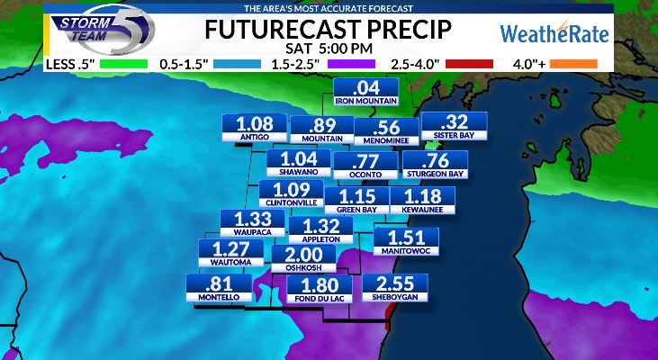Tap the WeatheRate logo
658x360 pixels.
(554, 35)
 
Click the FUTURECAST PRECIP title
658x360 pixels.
(328, 28)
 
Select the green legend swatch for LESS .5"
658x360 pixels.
(125, 64)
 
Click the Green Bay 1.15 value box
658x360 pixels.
(357, 201)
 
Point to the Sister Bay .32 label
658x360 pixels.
(454, 127)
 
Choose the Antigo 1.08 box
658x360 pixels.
(254, 129)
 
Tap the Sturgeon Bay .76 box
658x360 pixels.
(435, 165)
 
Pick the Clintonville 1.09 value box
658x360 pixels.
(291, 193)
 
